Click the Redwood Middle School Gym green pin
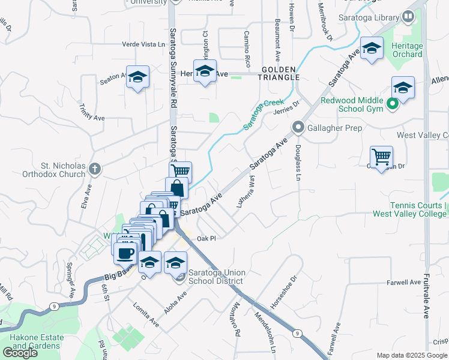click(x=393, y=105)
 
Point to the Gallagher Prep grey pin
click(x=298, y=127)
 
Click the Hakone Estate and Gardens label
click(x=36, y=341)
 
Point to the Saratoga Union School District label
click(x=215, y=277)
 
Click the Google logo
click(x=19, y=352)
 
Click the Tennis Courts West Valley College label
click(x=410, y=209)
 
